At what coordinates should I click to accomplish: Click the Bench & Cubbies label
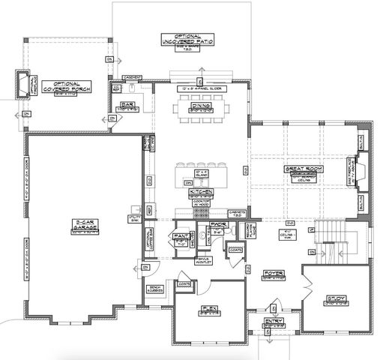tap(156, 287)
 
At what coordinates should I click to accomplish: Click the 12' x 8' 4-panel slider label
tap(199, 89)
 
